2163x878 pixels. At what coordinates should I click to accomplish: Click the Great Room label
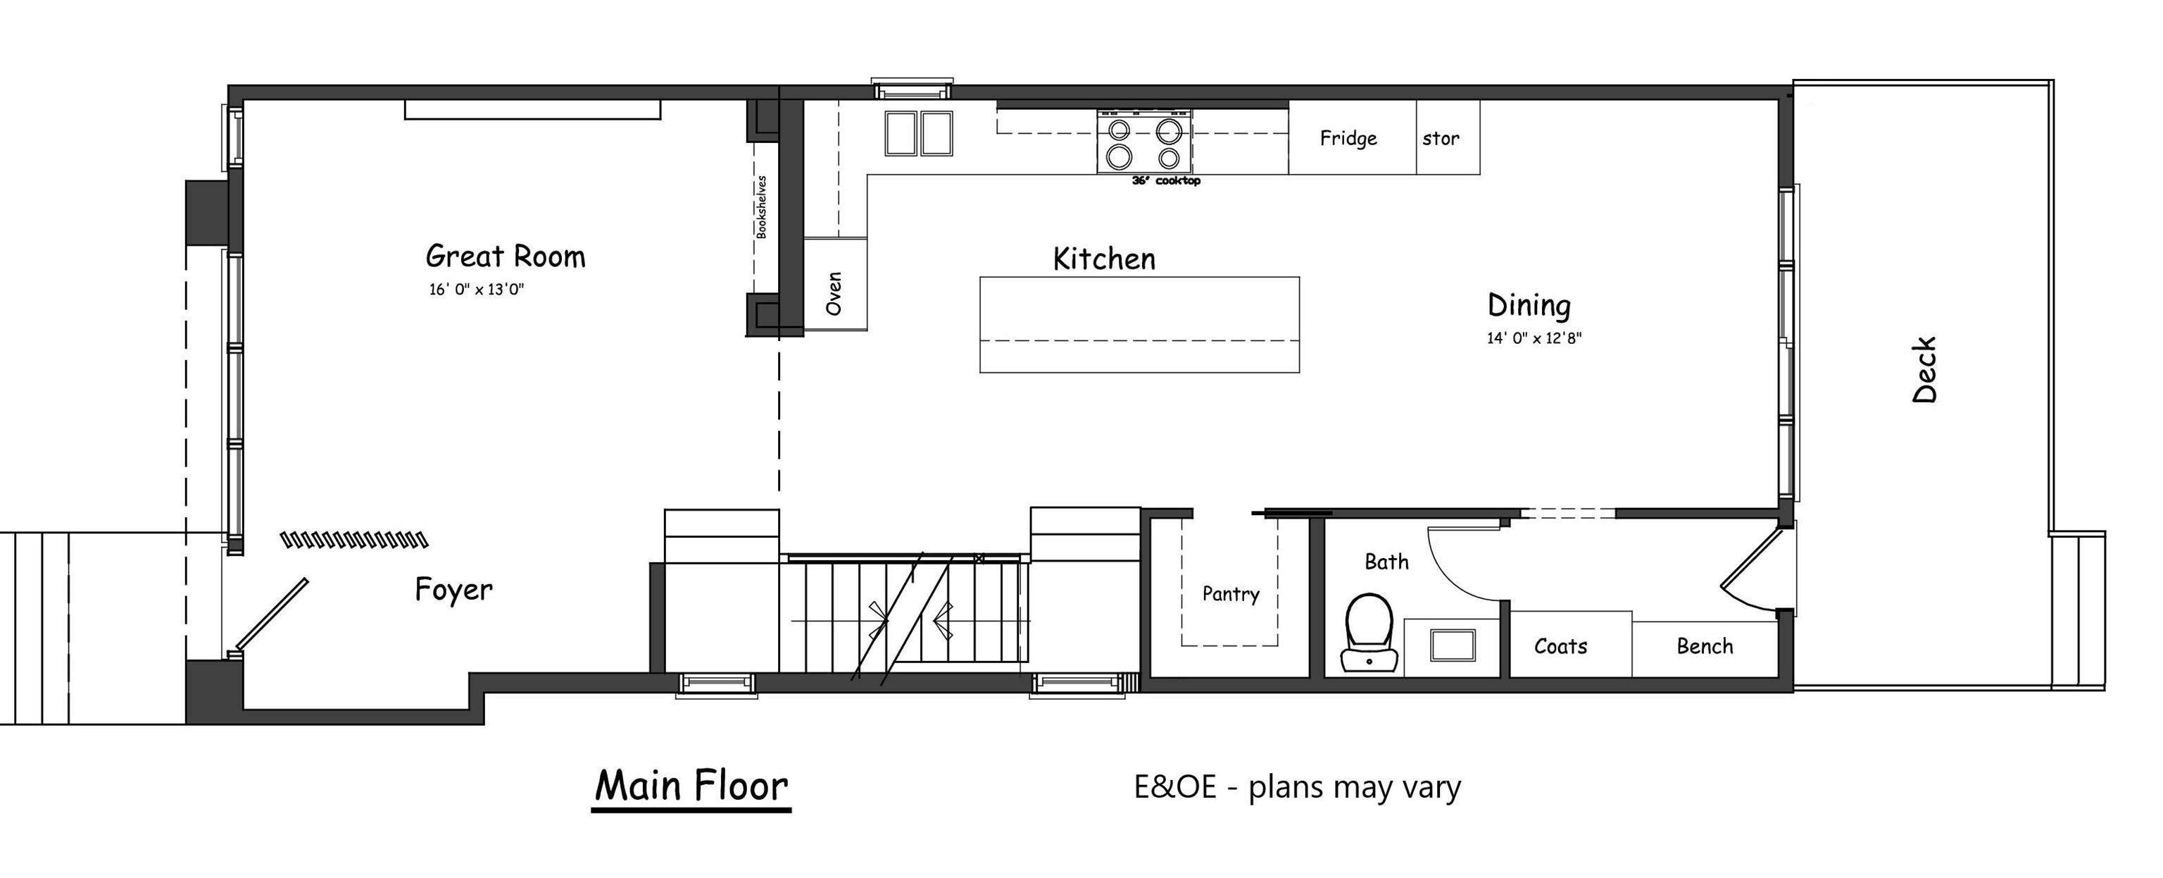[506, 256]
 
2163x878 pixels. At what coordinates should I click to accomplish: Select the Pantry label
[1230, 594]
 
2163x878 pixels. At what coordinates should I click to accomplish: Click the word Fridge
[1348, 138]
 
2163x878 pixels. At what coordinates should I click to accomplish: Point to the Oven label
[834, 293]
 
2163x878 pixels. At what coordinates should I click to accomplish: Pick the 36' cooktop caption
[1166, 180]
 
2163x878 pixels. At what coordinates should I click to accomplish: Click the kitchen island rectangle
[1139, 324]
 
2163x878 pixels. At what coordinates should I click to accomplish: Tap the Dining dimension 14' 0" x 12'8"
[1534, 339]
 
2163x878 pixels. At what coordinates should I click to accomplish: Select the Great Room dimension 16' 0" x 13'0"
[476, 290]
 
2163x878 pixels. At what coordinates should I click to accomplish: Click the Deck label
[1924, 370]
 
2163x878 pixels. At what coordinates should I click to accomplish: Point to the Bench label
[1705, 646]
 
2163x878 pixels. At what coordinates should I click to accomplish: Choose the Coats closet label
[1560, 646]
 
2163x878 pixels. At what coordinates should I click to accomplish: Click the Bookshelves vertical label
[762, 206]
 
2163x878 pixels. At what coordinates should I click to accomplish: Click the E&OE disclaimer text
[1297, 787]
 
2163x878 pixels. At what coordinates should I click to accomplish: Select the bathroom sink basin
[1453, 645]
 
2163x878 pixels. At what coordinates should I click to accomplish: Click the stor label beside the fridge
[1441, 139]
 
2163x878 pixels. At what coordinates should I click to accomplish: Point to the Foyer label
[453, 590]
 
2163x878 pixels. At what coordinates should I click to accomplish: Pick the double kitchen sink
[919, 134]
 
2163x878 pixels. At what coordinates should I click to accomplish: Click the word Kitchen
[1104, 259]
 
